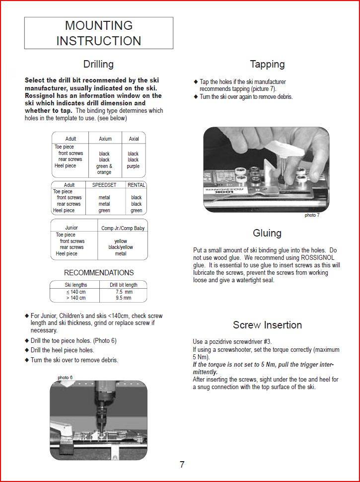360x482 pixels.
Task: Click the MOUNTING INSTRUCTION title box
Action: (99, 33)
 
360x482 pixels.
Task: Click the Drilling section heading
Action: (98, 64)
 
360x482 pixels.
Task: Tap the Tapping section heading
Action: (267, 64)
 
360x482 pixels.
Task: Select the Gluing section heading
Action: (267, 233)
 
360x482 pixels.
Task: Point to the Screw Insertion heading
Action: (267, 325)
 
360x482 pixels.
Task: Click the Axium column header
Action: (105, 139)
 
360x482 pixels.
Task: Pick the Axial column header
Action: (134, 139)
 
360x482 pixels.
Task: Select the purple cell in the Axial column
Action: (133, 166)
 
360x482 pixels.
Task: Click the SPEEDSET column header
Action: (104, 185)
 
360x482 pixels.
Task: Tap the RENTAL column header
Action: (137, 185)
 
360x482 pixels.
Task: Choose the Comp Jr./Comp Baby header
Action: (123, 228)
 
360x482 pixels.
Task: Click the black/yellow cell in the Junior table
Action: (121, 247)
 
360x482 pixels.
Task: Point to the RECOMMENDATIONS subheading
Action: (99, 273)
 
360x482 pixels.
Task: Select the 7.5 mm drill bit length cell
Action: (123, 292)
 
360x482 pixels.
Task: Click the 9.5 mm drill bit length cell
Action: (123, 298)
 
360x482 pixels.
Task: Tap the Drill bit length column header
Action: (123, 285)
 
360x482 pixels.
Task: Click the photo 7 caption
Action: (312, 216)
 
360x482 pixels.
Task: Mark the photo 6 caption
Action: (65, 378)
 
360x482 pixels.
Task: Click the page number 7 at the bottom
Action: (182, 465)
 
